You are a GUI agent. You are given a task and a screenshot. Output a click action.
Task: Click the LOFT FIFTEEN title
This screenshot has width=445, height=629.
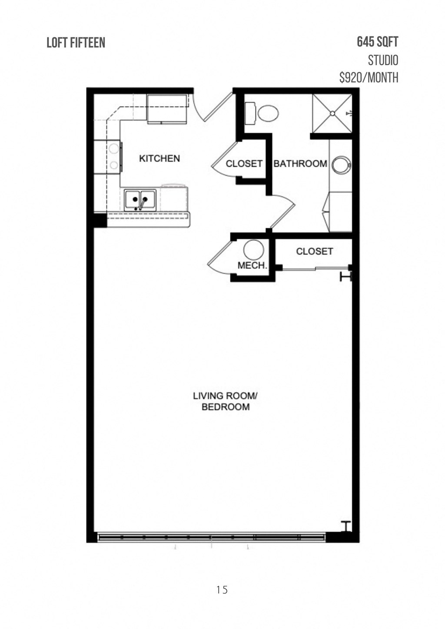(76, 43)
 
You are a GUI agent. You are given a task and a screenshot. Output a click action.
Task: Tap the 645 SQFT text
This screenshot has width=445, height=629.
(377, 42)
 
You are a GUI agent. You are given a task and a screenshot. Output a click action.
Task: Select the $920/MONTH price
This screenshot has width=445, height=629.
(369, 78)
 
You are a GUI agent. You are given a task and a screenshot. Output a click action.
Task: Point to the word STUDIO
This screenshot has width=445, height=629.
(383, 60)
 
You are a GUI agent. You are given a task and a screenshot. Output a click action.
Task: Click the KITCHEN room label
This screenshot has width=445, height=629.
(159, 159)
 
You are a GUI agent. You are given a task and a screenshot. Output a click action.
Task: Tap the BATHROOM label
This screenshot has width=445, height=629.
(300, 164)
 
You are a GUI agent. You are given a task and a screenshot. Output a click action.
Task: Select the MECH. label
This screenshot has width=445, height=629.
(252, 265)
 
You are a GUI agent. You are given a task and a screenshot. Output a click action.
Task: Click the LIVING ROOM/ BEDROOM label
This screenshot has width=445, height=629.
(226, 401)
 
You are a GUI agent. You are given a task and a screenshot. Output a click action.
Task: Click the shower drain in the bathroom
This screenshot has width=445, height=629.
(332, 113)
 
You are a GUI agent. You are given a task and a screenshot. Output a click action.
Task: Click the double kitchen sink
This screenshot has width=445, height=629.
(140, 200)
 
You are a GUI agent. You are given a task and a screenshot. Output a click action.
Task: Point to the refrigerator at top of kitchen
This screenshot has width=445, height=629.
(167, 108)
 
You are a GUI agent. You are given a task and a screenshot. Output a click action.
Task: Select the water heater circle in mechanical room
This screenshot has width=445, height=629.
(253, 251)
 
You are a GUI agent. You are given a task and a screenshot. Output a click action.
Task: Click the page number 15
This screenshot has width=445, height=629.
(222, 589)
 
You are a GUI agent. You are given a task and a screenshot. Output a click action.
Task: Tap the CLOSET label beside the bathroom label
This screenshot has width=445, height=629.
(244, 164)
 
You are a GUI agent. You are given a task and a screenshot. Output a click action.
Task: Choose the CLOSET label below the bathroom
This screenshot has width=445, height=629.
(314, 252)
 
